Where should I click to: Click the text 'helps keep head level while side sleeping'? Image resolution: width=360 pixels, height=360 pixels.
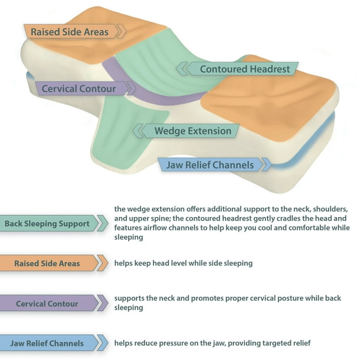tap(183, 263)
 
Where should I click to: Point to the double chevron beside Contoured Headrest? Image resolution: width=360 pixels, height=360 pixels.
tap(181, 68)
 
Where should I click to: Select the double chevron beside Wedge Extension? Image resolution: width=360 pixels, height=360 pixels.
tap(138, 131)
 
